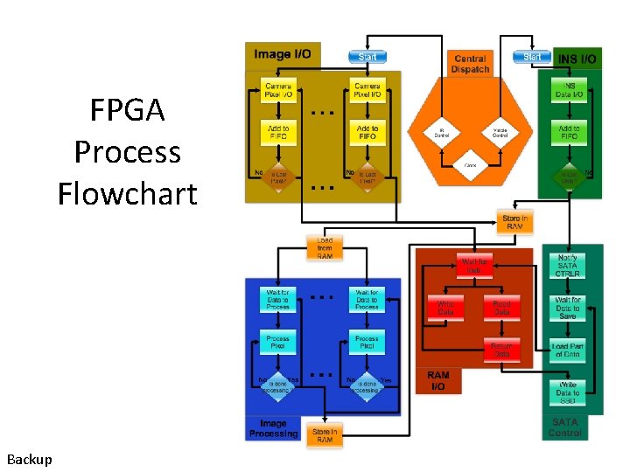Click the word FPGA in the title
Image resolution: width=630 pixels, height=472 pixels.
[128, 111]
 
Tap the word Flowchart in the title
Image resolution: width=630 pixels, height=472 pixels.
[128, 192]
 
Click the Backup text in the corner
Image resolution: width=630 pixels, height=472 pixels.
[29, 459]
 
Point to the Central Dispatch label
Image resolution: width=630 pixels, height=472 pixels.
[470, 64]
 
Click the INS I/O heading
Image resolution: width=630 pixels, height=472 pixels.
[577, 59]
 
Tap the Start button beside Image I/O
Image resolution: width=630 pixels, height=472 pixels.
[367, 57]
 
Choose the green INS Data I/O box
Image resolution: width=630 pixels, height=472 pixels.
[570, 91]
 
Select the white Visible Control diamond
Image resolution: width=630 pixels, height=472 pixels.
[500, 134]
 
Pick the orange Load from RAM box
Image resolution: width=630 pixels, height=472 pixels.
[325, 247]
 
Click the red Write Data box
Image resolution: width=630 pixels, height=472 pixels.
[446, 307]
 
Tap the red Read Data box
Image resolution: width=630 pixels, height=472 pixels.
[501, 307]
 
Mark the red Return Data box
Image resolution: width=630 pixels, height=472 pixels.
[501, 351]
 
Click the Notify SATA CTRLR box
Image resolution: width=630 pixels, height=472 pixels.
[568, 266]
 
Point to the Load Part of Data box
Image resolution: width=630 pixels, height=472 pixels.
[568, 351]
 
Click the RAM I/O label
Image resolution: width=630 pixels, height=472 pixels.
[437, 380]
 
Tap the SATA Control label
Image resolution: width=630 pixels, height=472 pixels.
[565, 427]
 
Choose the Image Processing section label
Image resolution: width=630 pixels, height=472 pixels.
[273, 428]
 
